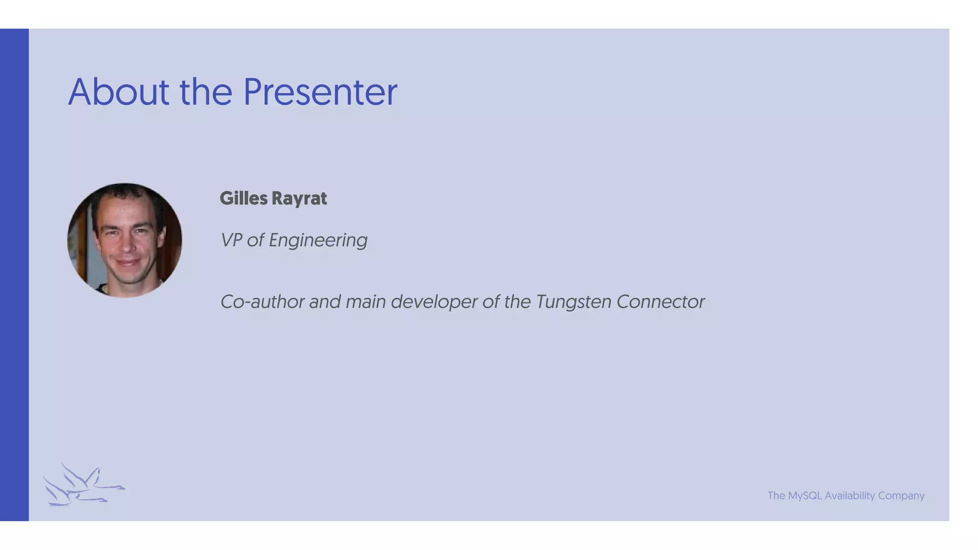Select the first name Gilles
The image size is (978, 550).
pyautogui.click(x=244, y=199)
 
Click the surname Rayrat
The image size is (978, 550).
pyautogui.click(x=299, y=199)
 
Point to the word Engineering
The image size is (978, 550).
pyautogui.click(x=318, y=241)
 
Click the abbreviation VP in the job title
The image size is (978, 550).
pyautogui.click(x=231, y=240)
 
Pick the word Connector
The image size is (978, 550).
pyautogui.click(x=660, y=302)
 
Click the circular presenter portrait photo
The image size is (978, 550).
pyautogui.click(x=125, y=240)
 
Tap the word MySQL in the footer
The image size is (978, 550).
pyautogui.click(x=805, y=496)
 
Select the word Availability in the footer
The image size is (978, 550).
pyautogui.click(x=850, y=496)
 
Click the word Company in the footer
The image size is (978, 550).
pyautogui.click(x=901, y=496)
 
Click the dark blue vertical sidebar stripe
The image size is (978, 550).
pyautogui.click(x=14, y=275)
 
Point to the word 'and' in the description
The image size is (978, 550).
pyautogui.click(x=325, y=302)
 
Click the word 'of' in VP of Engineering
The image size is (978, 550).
pyautogui.click(x=255, y=240)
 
